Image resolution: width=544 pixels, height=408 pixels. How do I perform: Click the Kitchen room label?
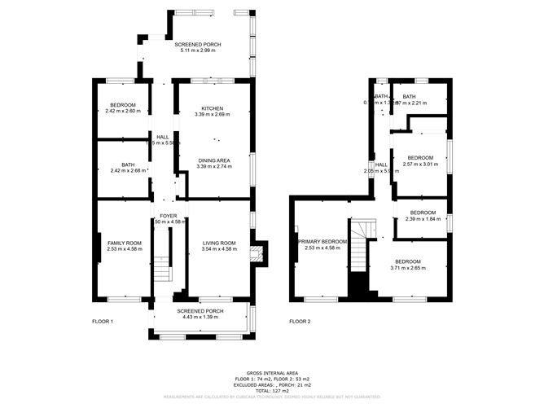[213, 108]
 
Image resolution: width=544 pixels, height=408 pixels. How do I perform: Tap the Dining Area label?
[214, 160]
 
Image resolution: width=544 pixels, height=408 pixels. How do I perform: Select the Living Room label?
[219, 243]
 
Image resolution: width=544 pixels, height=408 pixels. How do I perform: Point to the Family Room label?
[125, 243]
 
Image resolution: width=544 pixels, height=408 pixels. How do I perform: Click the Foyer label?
[169, 215]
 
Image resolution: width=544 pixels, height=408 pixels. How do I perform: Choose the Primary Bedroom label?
[322, 242]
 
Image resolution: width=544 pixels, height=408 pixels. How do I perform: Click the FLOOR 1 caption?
[102, 322]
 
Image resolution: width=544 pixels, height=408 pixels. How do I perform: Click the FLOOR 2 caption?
[300, 322]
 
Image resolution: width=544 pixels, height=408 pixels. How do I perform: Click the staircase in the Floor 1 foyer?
[163, 257]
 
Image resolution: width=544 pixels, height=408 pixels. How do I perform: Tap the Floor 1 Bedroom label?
[122, 105]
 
